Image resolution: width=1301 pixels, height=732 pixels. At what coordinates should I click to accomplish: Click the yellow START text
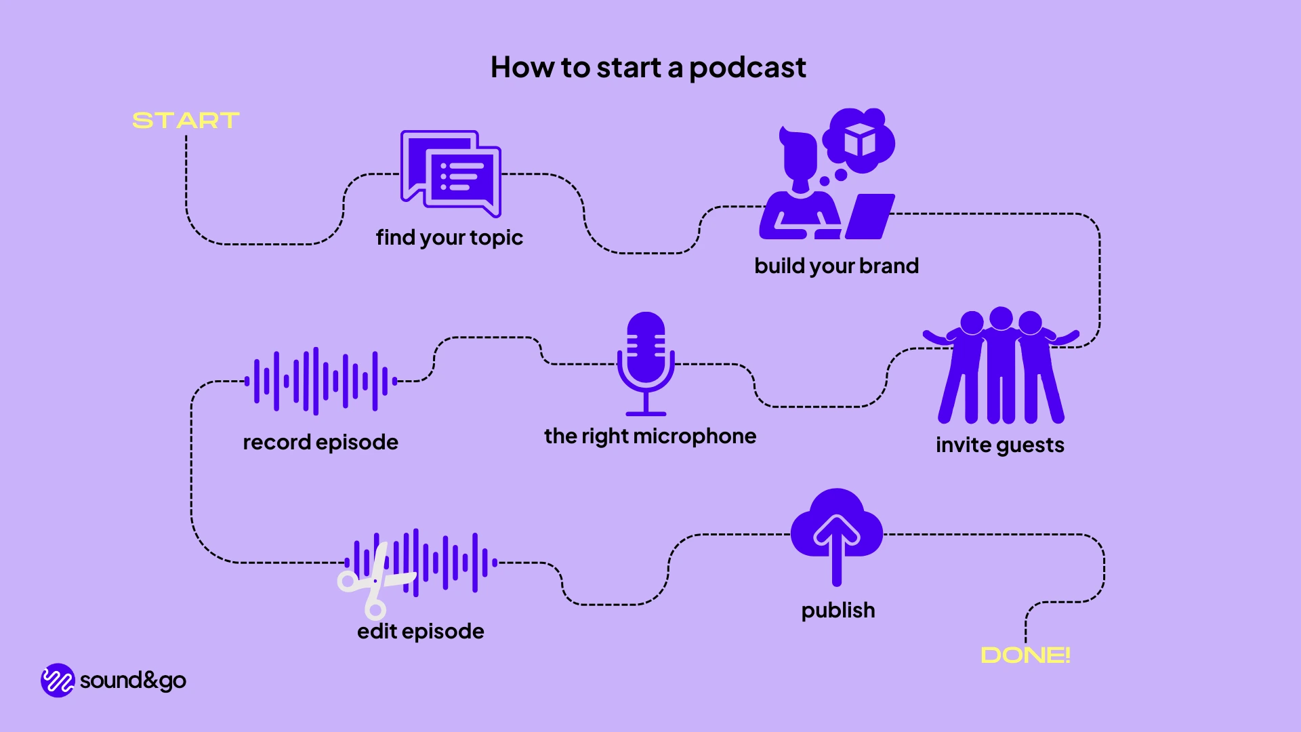click(186, 121)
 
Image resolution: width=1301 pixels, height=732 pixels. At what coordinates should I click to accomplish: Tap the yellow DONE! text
click(1025, 655)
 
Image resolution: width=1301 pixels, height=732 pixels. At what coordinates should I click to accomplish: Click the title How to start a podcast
click(648, 67)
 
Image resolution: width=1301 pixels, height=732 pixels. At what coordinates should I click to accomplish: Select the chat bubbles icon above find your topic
click(451, 173)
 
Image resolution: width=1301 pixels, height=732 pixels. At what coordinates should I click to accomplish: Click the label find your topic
click(449, 237)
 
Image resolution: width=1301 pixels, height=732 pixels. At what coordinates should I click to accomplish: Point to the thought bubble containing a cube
click(859, 141)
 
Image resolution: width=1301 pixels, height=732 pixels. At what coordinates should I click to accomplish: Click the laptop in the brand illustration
click(870, 216)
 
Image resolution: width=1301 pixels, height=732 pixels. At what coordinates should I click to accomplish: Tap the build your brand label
click(836, 266)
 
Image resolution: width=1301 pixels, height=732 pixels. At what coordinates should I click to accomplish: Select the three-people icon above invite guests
click(1001, 366)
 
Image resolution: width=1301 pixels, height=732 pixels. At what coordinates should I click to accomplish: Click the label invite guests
click(999, 445)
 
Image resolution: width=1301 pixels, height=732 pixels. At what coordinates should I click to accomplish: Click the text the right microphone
click(650, 436)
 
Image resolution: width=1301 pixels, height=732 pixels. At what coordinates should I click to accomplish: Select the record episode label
click(321, 442)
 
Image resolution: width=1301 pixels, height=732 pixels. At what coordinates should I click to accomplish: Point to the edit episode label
click(420, 631)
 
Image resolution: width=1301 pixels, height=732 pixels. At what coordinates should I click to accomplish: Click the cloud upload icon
click(837, 532)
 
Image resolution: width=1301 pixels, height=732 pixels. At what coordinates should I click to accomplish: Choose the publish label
click(838, 610)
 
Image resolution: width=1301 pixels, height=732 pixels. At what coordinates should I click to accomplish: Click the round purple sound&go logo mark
click(58, 680)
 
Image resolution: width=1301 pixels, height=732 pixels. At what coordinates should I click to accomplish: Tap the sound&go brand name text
click(133, 680)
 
